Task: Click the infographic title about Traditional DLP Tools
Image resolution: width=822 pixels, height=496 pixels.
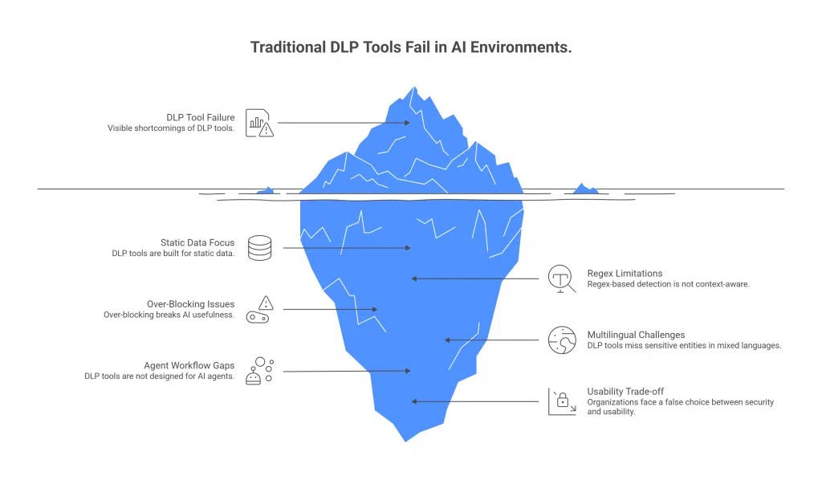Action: (x=411, y=47)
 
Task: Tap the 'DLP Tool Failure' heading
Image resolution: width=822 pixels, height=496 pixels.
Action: (x=201, y=117)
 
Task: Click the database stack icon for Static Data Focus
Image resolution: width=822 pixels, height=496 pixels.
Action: (x=259, y=247)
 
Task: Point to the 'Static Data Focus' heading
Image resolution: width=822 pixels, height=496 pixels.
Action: (x=197, y=242)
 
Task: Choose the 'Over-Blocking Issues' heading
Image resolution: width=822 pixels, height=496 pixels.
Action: (x=190, y=304)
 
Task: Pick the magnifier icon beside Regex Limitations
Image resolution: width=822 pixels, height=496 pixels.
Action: (x=560, y=278)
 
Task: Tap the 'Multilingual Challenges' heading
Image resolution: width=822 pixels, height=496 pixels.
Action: (x=636, y=335)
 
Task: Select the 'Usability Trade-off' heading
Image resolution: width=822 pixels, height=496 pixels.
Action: (x=625, y=392)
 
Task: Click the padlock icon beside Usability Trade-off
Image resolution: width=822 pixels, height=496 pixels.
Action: (x=562, y=400)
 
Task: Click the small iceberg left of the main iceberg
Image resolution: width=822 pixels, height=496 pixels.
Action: (x=266, y=190)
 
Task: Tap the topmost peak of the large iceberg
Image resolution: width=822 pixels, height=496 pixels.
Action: (x=413, y=87)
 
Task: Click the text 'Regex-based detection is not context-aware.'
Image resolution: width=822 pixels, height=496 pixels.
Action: (x=668, y=284)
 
